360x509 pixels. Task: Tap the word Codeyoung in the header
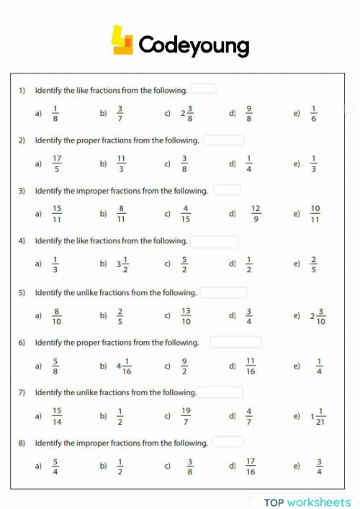tap(194, 45)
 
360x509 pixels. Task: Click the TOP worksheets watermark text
tap(307, 502)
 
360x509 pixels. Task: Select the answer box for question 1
tap(204, 89)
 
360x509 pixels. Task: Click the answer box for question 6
tap(235, 342)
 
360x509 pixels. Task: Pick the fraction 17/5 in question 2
tap(57, 163)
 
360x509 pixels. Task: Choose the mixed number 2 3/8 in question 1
tap(187, 113)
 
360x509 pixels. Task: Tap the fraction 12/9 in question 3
tap(255, 214)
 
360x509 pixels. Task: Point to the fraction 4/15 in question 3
tap(186, 214)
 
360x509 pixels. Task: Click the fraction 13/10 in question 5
tap(186, 315)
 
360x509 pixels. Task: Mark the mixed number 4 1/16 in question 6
tap(124, 366)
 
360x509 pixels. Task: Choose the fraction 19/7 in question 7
tap(186, 416)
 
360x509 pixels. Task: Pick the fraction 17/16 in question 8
tap(250, 467)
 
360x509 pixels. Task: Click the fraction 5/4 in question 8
tap(56, 467)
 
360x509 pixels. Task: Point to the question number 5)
tap(22, 293)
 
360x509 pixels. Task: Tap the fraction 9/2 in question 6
tap(185, 366)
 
